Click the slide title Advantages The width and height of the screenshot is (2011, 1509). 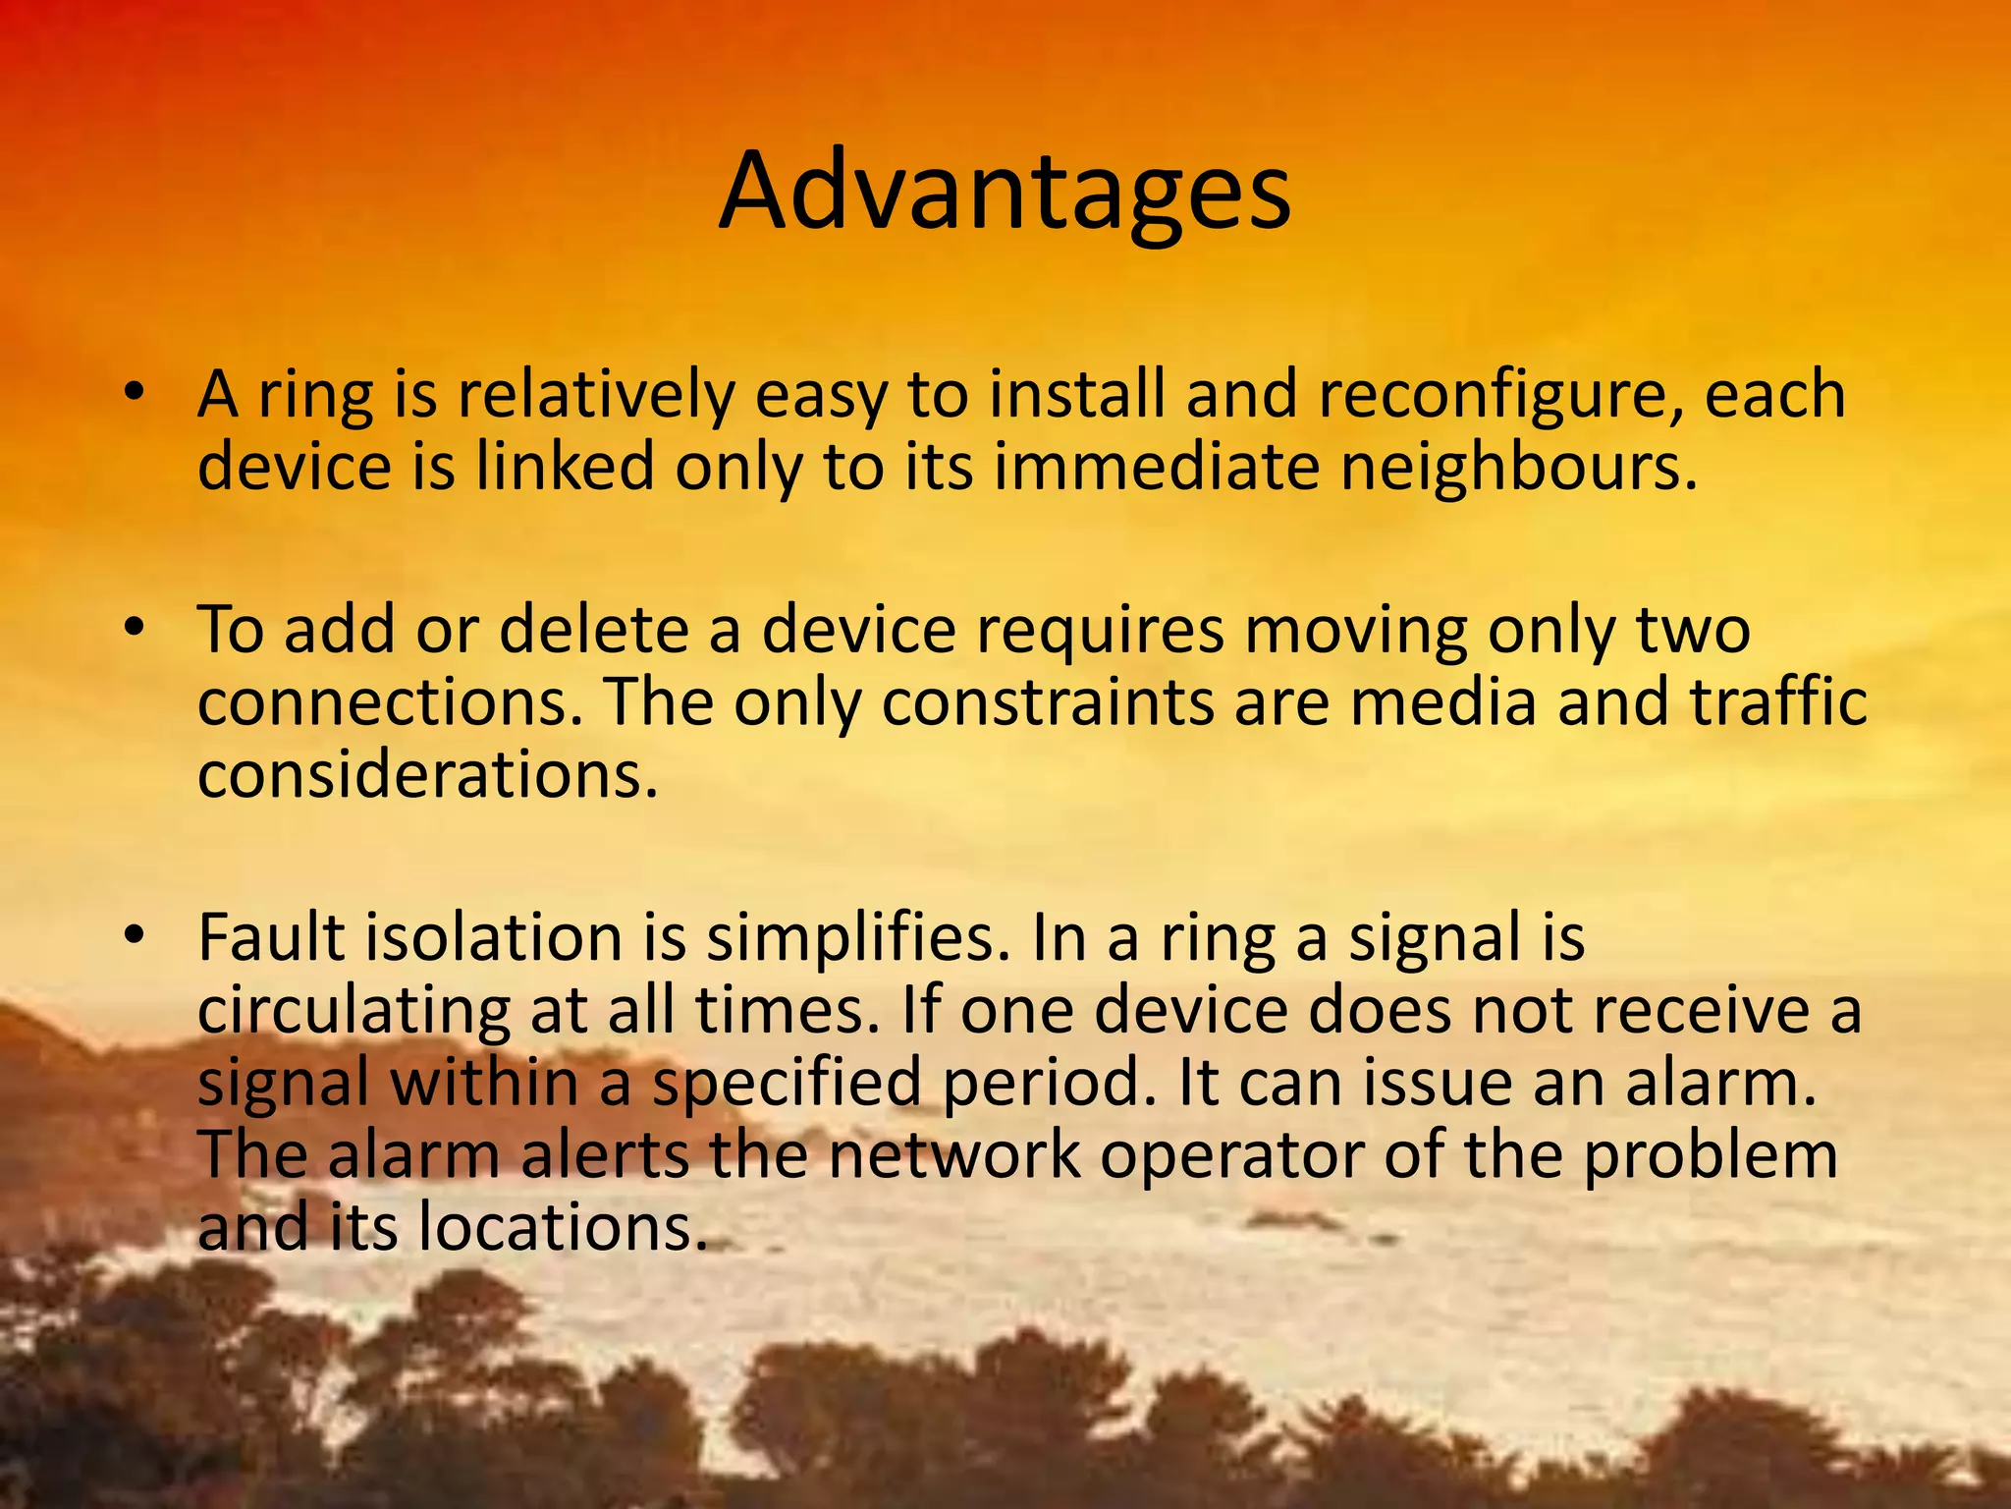1004,193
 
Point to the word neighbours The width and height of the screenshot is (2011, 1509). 1518,468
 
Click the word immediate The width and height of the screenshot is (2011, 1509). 1157,468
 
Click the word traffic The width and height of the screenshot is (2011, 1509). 1777,703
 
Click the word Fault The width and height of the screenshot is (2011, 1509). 272,937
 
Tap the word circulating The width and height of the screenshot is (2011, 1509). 354,1012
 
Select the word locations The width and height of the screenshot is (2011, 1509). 563,1228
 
